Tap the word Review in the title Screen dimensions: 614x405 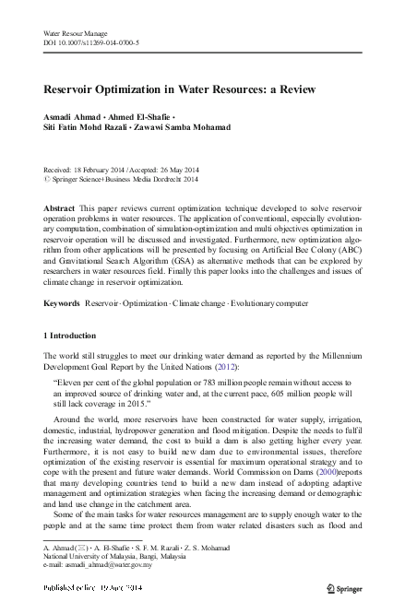pyautogui.click(x=293, y=89)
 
